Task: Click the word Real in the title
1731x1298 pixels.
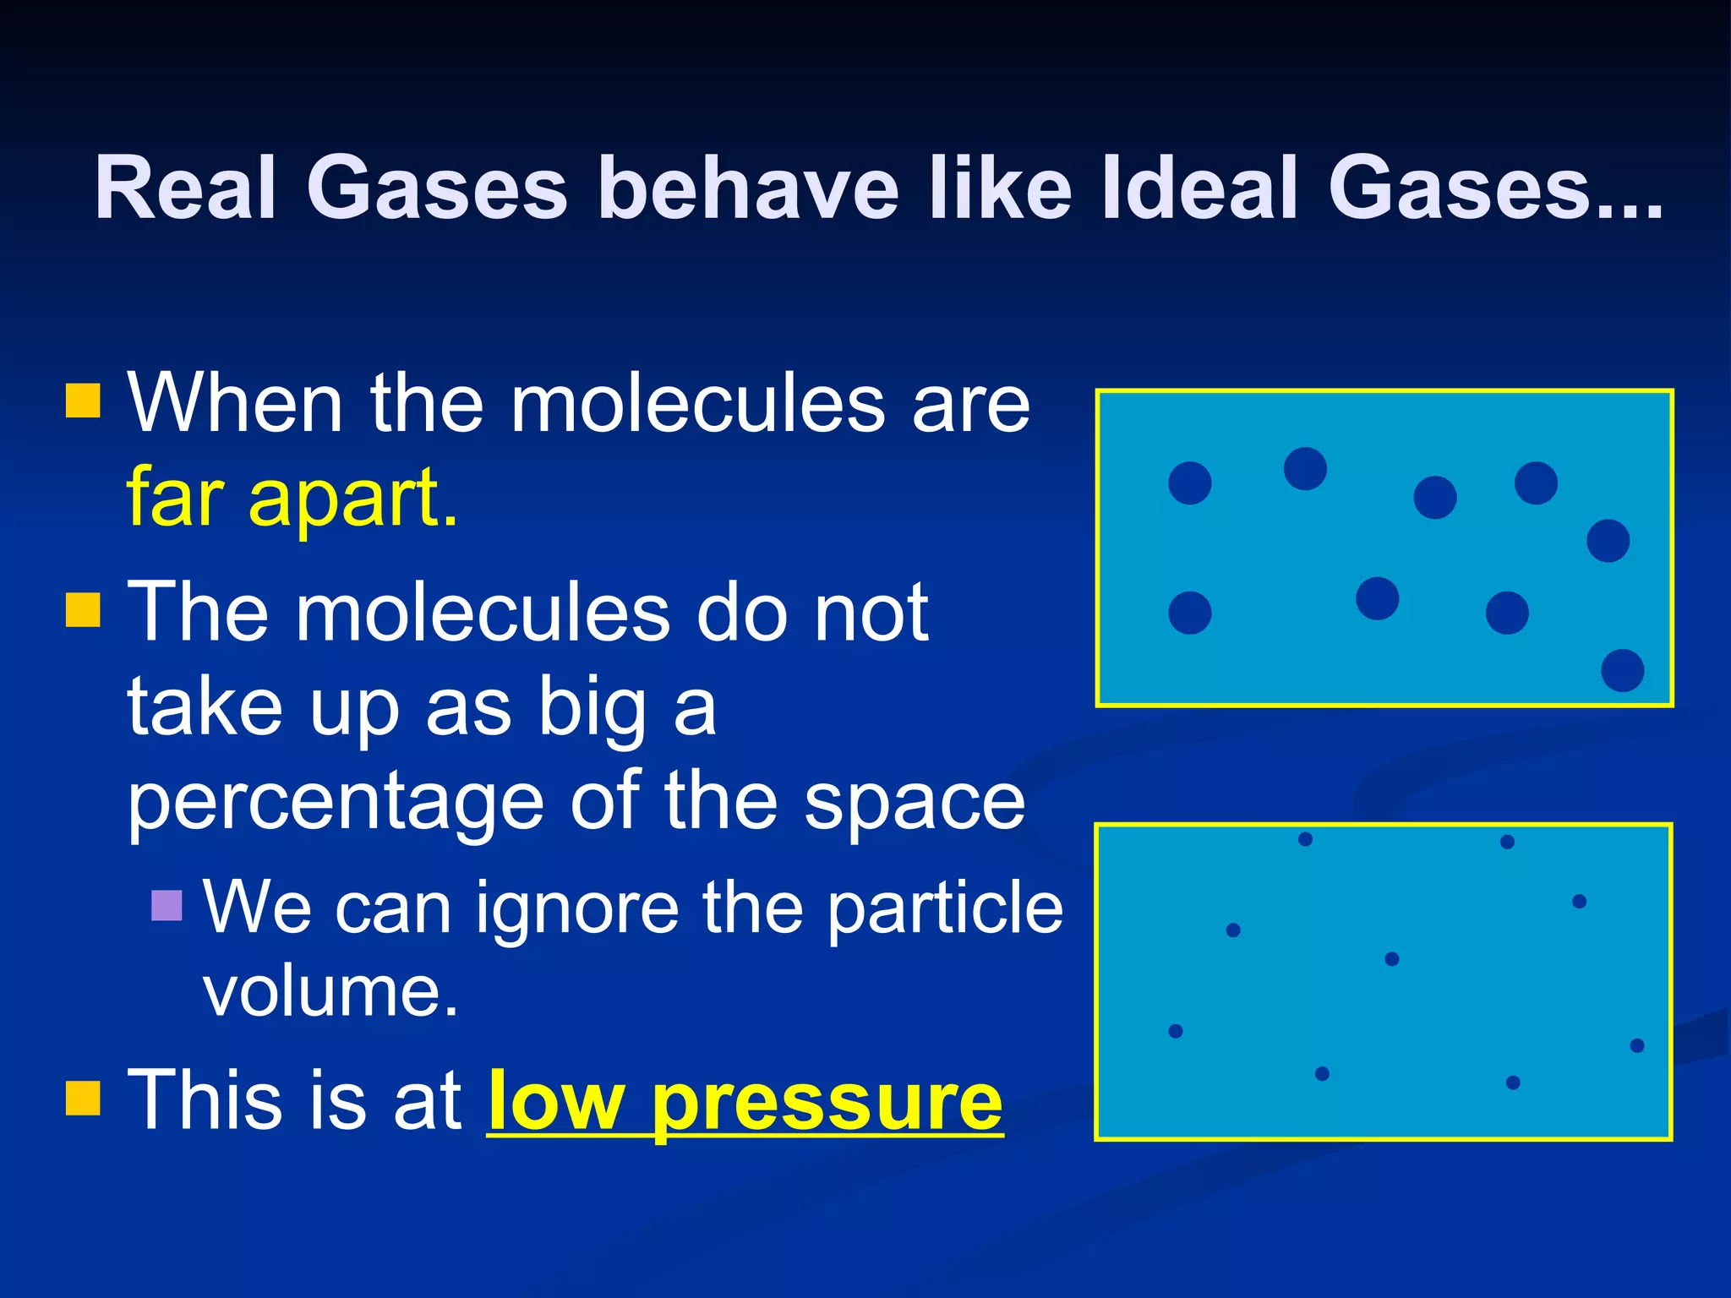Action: [186, 188]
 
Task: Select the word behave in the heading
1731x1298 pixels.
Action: [748, 188]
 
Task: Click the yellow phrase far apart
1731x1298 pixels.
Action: [292, 499]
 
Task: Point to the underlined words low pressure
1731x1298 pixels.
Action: [745, 1101]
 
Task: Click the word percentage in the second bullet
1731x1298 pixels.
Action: [336, 803]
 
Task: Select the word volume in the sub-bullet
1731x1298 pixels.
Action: [330, 990]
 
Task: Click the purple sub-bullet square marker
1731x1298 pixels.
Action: [167, 906]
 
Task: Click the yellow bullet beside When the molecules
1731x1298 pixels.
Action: [83, 401]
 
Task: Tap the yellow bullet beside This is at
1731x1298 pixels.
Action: [83, 1099]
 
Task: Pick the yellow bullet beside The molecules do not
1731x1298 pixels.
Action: [83, 609]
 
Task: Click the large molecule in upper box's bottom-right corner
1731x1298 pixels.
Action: [1622, 670]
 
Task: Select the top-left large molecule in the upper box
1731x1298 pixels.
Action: [1189, 483]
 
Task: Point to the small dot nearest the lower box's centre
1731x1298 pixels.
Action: [1392, 959]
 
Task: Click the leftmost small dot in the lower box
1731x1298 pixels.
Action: [1175, 1031]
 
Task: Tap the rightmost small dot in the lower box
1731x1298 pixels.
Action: [1636, 1045]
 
